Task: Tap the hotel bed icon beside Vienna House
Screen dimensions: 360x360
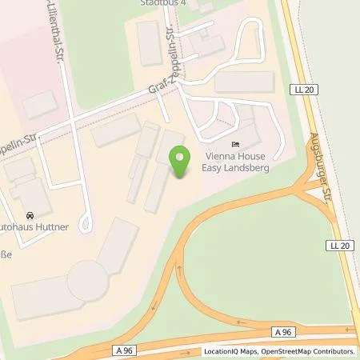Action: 234,145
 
